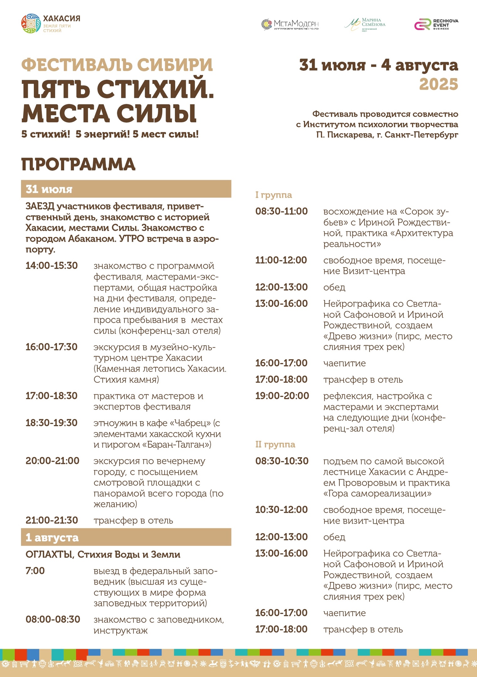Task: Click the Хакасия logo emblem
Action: coord(31,24)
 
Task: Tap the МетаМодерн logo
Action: coord(290,24)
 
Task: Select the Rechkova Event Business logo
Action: coord(436,24)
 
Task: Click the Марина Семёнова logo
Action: coord(365,24)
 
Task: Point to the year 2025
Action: coord(438,84)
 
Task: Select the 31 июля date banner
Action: coord(126,189)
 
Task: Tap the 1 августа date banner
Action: coord(126,537)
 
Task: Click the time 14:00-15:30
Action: coord(52,266)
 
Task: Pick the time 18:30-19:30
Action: coord(52,423)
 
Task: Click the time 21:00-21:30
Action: coord(52,520)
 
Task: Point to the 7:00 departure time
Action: coord(35,571)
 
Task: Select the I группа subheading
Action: coord(274,195)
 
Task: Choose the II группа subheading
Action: coord(275,444)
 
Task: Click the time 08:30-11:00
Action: coord(281,211)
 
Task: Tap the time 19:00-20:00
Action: coord(282,396)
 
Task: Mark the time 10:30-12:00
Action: coord(281,510)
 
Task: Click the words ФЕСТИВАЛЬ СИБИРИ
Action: coord(117,65)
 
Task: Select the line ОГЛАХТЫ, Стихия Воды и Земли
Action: coord(103,554)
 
